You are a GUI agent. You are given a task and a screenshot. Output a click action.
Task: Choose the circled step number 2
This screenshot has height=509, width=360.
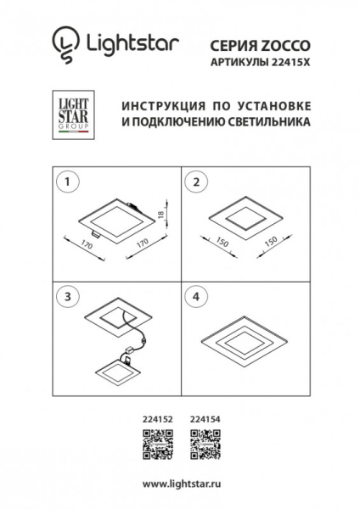197,182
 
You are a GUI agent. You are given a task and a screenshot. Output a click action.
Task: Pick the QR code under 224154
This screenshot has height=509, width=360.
201,442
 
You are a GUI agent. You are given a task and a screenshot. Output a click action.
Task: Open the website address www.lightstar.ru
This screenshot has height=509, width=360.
179,484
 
